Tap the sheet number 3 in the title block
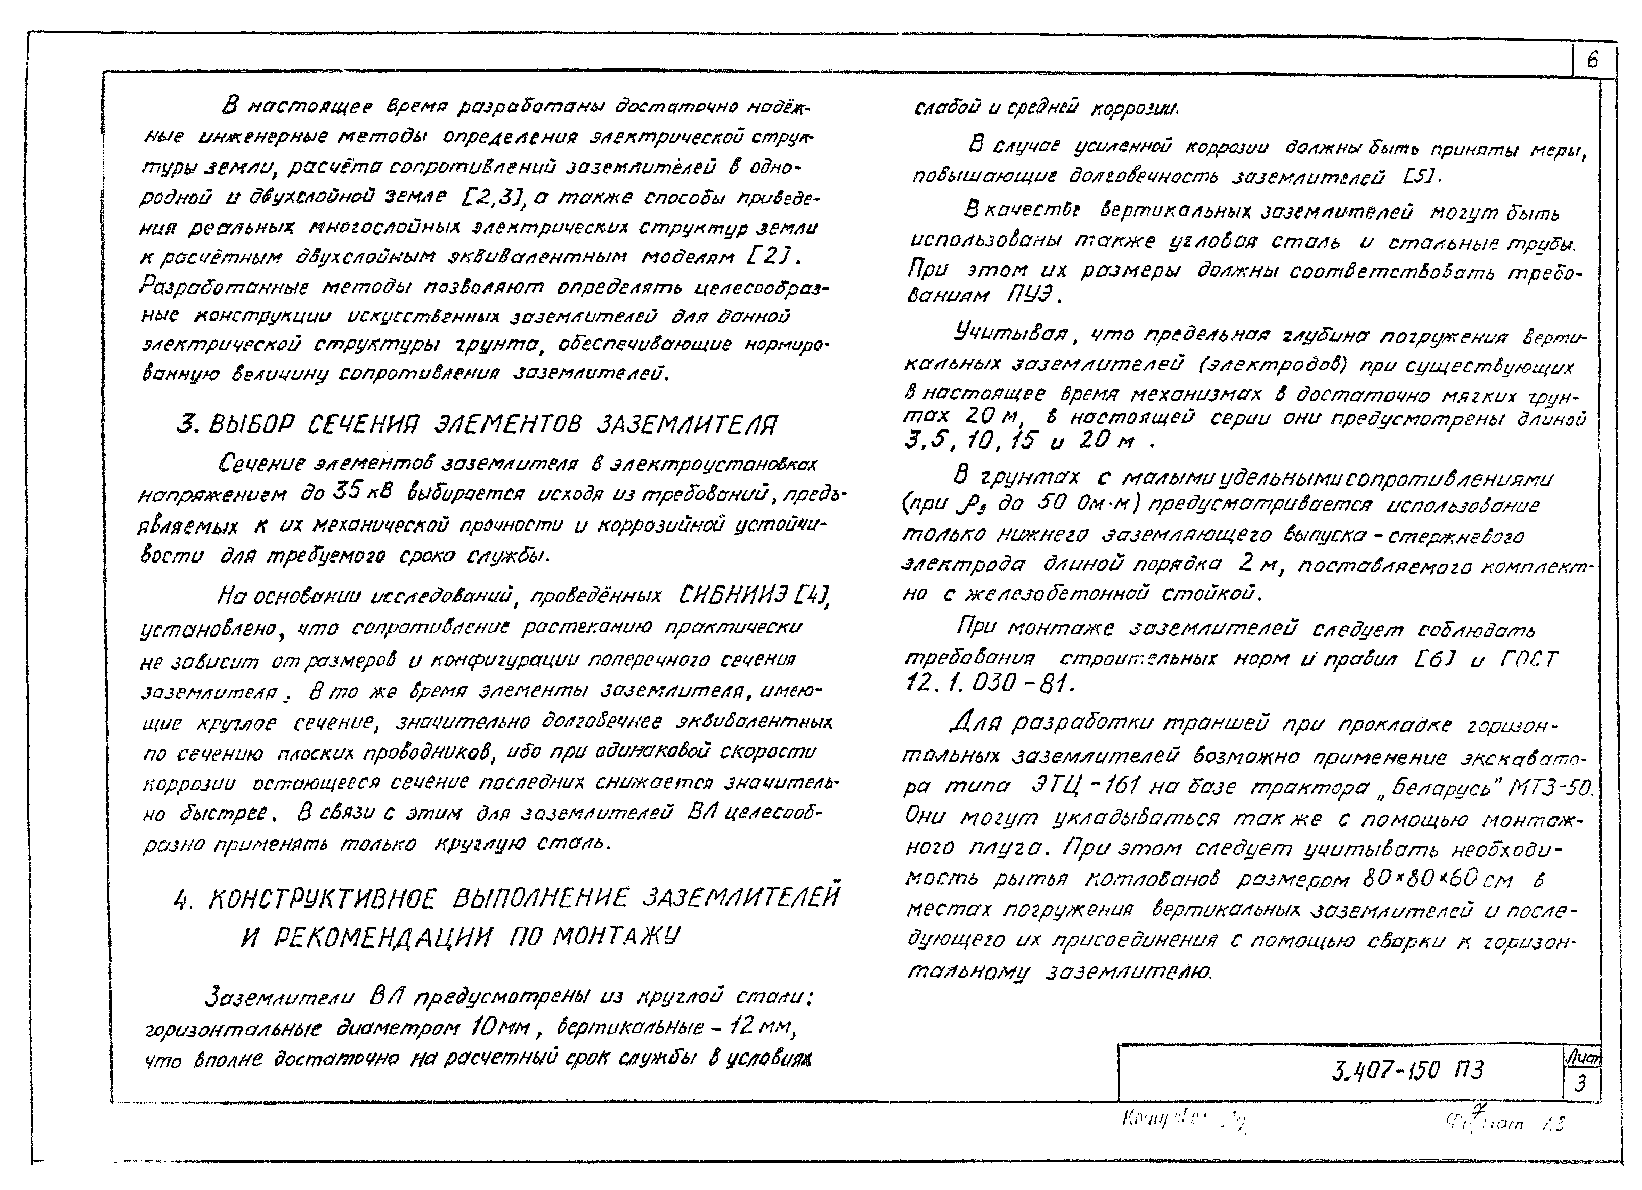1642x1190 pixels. click(x=1581, y=1084)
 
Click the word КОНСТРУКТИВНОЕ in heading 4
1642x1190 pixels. click(x=322, y=900)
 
